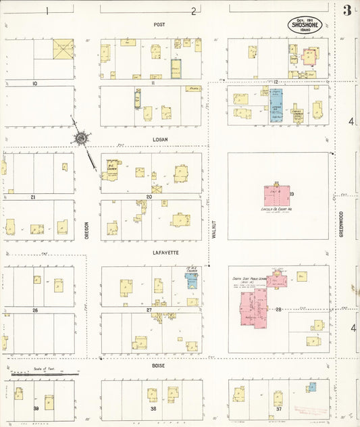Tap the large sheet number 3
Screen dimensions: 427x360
tap(347, 10)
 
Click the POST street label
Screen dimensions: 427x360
tap(159, 24)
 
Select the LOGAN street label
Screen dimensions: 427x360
tap(159, 139)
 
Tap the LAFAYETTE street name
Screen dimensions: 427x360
tap(159, 252)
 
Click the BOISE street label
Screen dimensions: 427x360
tap(159, 366)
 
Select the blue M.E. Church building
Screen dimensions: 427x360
tap(192, 280)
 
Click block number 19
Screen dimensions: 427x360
tap(292, 195)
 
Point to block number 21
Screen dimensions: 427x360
tap(32, 197)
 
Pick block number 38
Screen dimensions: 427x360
tap(153, 408)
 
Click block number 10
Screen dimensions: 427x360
tap(34, 83)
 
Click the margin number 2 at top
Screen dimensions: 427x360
tap(193, 10)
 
